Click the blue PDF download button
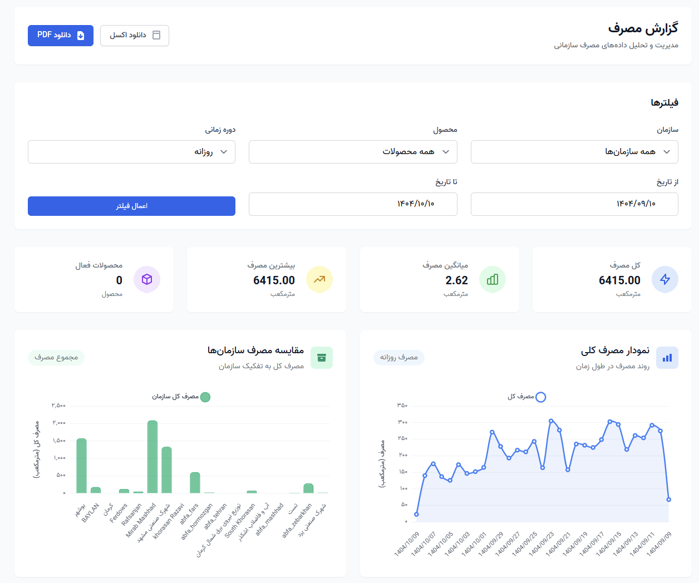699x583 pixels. pos(61,36)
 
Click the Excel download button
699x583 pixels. pos(135,36)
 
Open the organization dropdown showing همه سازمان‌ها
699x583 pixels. pos(574,152)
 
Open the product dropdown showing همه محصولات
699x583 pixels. pos(353,152)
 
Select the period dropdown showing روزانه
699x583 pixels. pos(131,152)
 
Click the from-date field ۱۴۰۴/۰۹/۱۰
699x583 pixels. pos(574,204)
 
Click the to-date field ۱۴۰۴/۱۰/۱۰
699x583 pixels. pos(353,204)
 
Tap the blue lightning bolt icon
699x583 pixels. pos(665,279)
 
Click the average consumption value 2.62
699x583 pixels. pos(456,280)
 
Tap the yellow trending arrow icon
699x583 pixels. pos(319,279)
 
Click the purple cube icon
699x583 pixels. pos(147,279)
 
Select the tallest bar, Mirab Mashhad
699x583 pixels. pos(152,457)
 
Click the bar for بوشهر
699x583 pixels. pos(81,466)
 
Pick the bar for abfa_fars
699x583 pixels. pos(195,483)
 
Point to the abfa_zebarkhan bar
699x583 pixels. pos(308,488)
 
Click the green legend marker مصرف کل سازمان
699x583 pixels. pos(205,397)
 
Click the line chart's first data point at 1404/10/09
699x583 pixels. pos(416,515)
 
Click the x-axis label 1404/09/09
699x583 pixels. pos(659,544)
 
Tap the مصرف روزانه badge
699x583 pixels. pos(398,358)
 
